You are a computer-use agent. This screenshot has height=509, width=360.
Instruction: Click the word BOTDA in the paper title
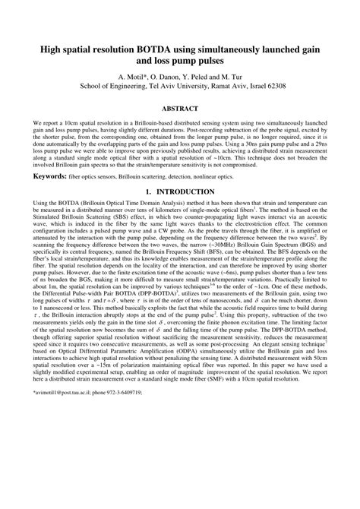(x=153, y=49)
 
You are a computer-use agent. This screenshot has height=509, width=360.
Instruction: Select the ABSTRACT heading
(x=179, y=109)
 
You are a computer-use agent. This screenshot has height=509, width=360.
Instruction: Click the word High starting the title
(x=43, y=49)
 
